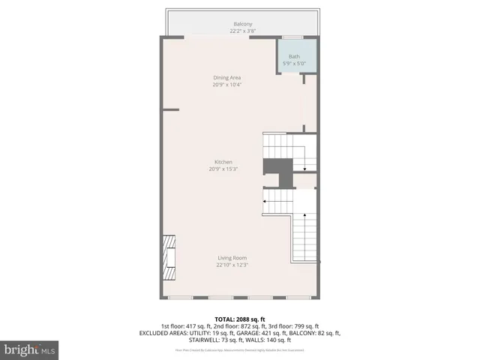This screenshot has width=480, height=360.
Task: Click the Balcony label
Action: point(240,24)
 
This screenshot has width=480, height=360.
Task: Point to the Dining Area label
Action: point(226,77)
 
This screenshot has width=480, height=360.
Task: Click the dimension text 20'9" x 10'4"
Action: point(226,85)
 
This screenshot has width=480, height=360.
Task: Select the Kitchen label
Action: point(223,162)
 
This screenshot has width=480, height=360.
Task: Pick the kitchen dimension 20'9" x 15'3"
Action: point(223,169)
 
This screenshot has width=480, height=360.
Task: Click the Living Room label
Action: point(232,258)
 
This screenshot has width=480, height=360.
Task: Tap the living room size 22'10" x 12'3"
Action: point(232,265)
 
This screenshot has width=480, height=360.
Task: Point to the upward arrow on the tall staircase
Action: point(305,217)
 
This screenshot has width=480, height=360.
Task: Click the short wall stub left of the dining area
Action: point(171,109)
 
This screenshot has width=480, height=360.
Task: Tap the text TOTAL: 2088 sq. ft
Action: point(240,319)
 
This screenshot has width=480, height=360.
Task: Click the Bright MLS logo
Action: point(30,349)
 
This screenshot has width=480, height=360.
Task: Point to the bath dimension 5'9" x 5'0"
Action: point(294,63)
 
